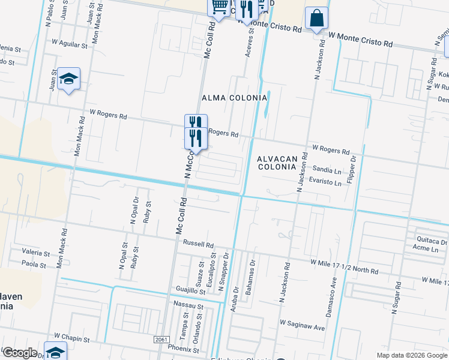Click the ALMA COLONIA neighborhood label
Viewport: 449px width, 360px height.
[234, 98]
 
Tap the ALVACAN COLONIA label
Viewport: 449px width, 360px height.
[277, 163]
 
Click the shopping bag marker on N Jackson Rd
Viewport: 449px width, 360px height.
[316, 18]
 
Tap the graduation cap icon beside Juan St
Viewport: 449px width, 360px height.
[69, 79]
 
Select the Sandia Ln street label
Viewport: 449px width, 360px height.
[327, 170]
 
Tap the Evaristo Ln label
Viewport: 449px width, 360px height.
[325, 180]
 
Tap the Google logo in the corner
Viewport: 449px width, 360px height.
[20, 353]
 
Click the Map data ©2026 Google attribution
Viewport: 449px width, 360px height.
[411, 355]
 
